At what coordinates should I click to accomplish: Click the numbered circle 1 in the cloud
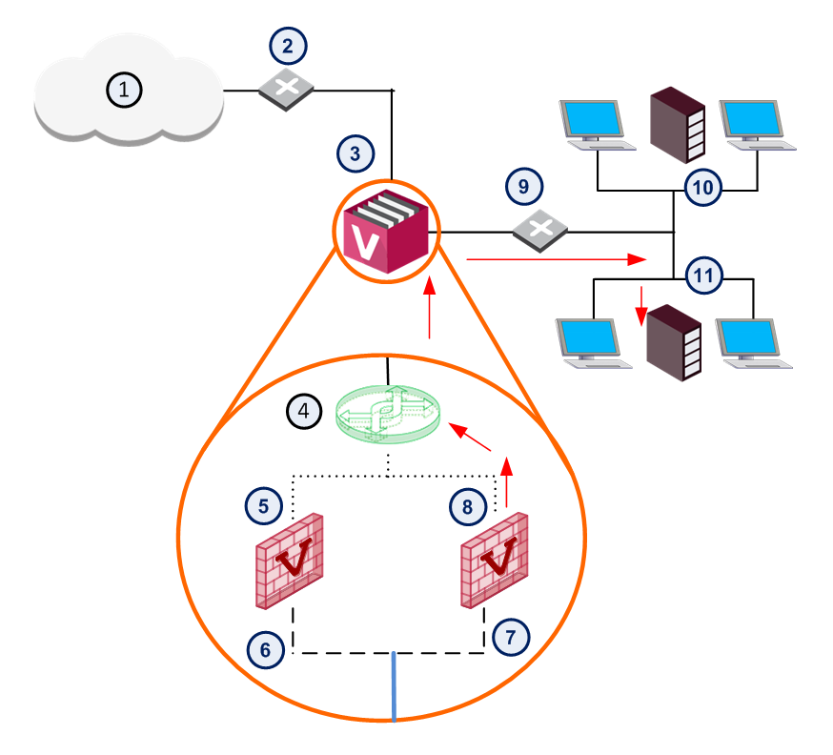[124, 90]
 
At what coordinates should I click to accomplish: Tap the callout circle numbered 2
[288, 46]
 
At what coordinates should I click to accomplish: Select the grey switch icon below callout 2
[286, 90]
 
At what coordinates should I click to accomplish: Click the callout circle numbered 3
[356, 153]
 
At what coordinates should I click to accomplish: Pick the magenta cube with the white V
[386, 232]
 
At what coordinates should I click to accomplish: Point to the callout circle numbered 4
[304, 411]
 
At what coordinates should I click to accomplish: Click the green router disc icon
[388, 415]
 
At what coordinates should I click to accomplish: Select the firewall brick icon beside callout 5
[290, 561]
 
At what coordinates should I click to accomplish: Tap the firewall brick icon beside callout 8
[494, 560]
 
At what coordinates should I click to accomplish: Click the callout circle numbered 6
[266, 649]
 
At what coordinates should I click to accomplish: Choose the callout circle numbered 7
[511, 637]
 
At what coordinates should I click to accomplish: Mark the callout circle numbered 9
[524, 186]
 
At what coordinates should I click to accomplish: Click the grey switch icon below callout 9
[540, 231]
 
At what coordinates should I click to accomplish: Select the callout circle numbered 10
[702, 187]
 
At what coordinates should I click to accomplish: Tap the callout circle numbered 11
[703, 275]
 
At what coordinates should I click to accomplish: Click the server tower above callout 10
[678, 125]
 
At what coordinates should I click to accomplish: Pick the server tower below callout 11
[674, 342]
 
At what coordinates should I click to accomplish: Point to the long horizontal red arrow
[557, 259]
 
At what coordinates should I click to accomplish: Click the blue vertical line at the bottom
[394, 686]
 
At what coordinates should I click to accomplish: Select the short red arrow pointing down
[641, 306]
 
